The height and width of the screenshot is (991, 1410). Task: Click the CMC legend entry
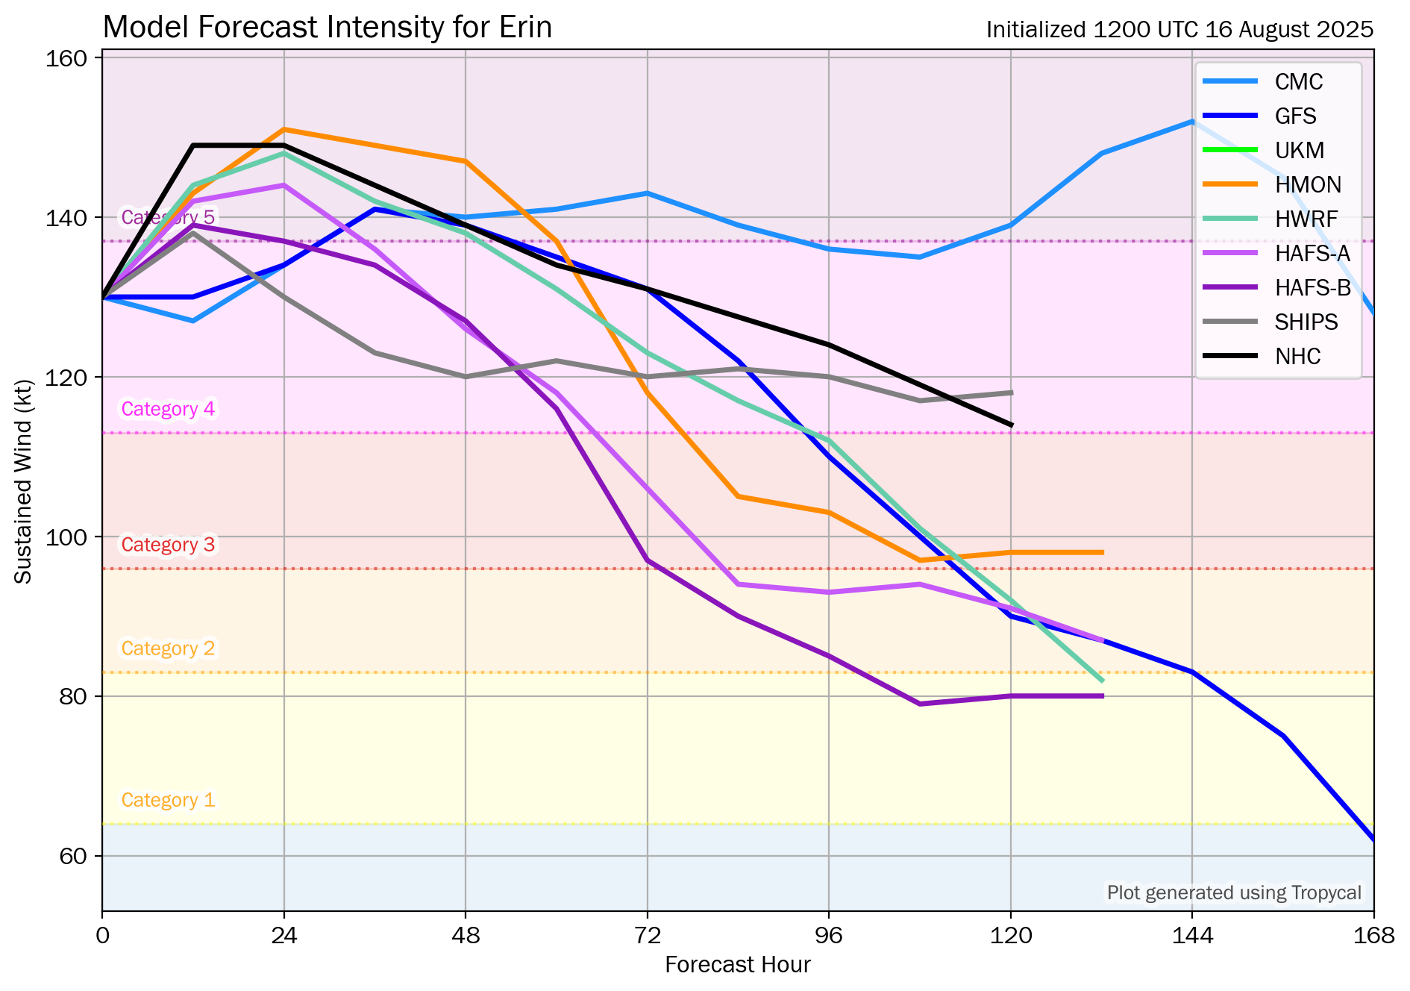pos(1298,82)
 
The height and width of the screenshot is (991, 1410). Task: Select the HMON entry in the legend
pos(1308,185)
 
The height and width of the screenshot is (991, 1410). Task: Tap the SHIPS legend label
pos(1306,322)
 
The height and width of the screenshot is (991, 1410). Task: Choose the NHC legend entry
pos(1297,357)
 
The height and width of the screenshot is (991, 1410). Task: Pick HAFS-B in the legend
pos(1312,288)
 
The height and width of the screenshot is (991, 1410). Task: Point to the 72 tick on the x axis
pos(647,935)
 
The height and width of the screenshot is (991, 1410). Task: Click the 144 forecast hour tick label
pos(1191,935)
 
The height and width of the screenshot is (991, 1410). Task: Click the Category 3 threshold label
pos(168,545)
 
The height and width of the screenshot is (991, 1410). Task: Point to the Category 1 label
pos(168,800)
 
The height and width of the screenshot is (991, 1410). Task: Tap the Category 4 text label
pos(168,409)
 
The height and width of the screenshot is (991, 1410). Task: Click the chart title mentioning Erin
pos(327,28)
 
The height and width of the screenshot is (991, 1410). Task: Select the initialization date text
pos(1179,30)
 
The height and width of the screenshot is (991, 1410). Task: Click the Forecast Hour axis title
pos(737,965)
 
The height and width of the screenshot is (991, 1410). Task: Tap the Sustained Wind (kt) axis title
pos(24,482)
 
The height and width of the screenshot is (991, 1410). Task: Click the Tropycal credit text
pos(1234,892)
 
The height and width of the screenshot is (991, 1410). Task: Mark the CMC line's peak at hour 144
pos(1192,121)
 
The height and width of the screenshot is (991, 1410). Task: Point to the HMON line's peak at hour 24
pos(284,129)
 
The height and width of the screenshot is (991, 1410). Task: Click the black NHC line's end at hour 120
pos(1011,425)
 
